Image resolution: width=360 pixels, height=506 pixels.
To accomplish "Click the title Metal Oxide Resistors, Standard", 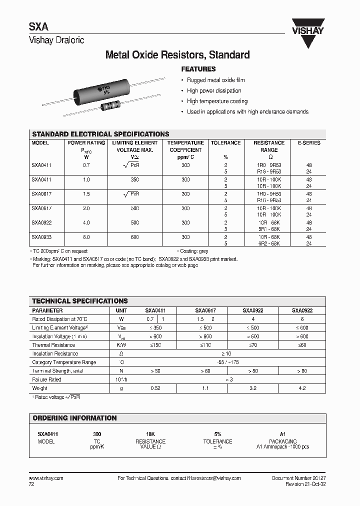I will tap(177, 55).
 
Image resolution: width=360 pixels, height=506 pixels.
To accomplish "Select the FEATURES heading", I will tap(198, 69).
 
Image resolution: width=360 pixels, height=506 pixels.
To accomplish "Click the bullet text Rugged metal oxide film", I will tap(215, 80).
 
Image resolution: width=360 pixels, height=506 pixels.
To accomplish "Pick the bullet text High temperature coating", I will tap(217, 101).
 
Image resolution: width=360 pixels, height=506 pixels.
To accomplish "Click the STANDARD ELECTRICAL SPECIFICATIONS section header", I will tap(100, 134).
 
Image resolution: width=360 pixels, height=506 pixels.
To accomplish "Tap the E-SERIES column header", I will tap(308, 143).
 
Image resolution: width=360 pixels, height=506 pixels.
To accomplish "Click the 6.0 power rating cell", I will tap(86, 237).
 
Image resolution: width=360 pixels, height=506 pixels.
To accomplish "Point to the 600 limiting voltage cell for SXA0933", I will tap(135, 237).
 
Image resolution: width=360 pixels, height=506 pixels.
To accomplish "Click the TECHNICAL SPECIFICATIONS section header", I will tap(80, 301).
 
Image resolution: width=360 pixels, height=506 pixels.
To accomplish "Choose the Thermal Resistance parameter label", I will tap(53, 345).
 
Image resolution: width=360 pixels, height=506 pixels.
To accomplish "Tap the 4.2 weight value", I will tap(301, 388).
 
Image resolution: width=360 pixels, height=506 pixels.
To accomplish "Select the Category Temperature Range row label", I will tap(64, 362).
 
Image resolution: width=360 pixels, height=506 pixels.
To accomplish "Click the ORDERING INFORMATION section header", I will tap(74, 418).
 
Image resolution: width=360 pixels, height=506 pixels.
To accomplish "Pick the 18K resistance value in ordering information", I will tap(150, 434).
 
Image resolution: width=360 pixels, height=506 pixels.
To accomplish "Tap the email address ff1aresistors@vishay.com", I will tap(211, 478).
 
